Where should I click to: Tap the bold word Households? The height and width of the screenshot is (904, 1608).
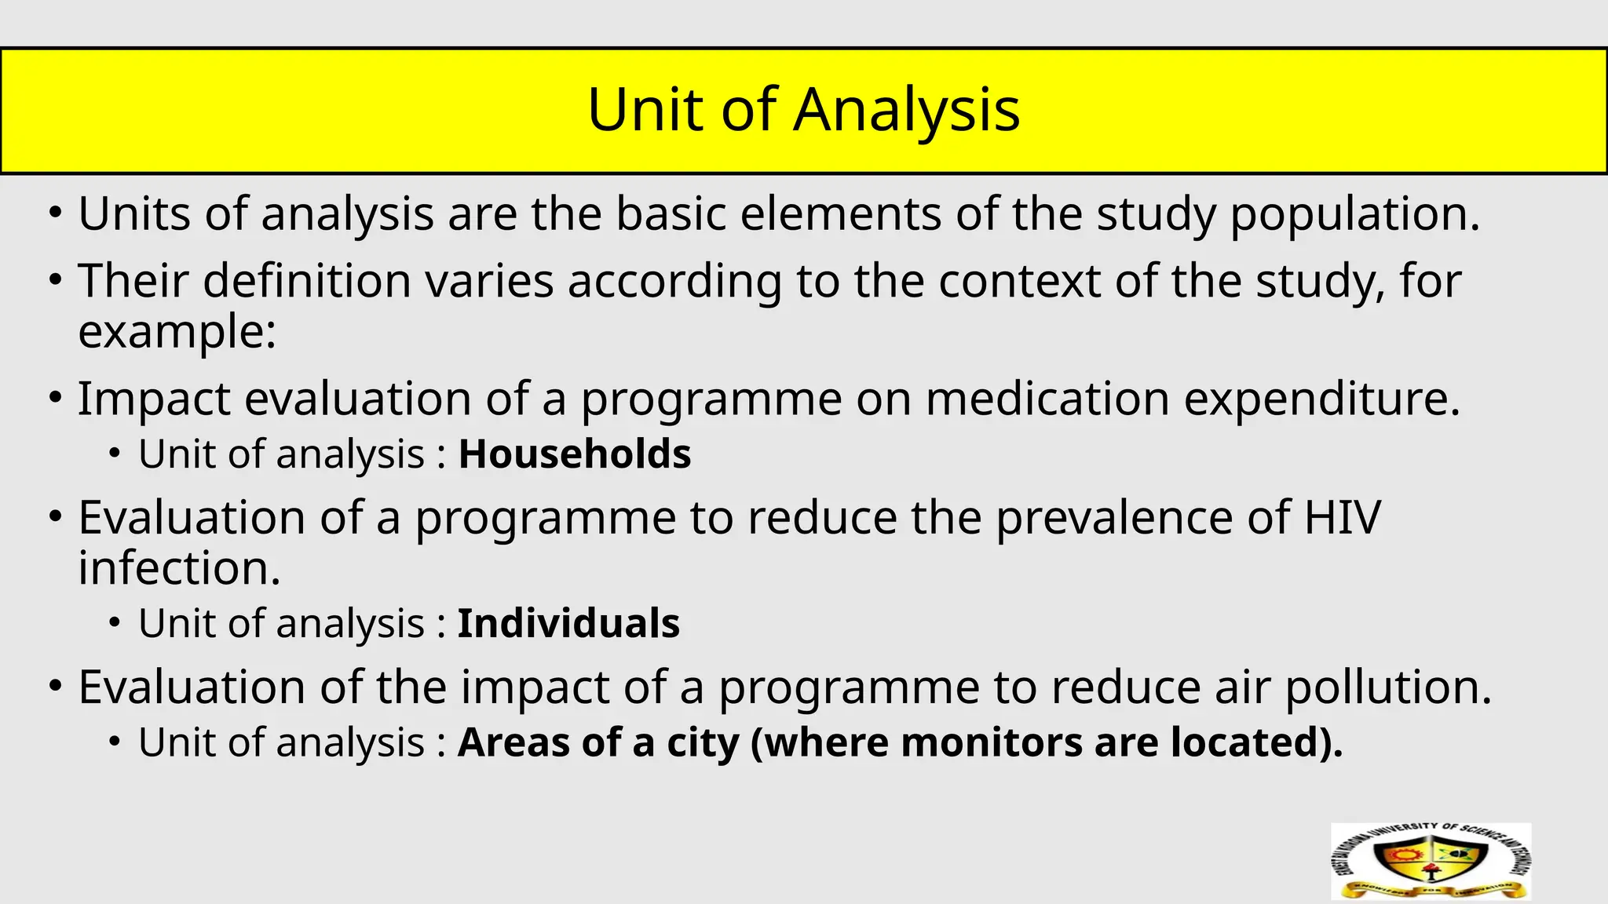click(x=574, y=454)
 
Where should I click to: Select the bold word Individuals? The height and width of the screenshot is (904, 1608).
click(x=568, y=624)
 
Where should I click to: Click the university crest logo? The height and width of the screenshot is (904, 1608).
click(x=1431, y=862)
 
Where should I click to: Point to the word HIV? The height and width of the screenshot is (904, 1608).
click(x=1342, y=518)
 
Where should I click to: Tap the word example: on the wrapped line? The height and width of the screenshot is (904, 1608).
click(x=177, y=331)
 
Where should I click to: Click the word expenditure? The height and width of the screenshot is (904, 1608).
click(x=1321, y=399)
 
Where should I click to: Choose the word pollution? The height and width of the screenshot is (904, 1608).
click(x=1387, y=687)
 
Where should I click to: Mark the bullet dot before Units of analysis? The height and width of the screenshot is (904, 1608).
click(x=54, y=214)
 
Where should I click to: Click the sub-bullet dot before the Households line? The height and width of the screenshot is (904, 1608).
click(x=115, y=454)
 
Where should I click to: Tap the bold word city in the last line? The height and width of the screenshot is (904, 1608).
click(x=702, y=742)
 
